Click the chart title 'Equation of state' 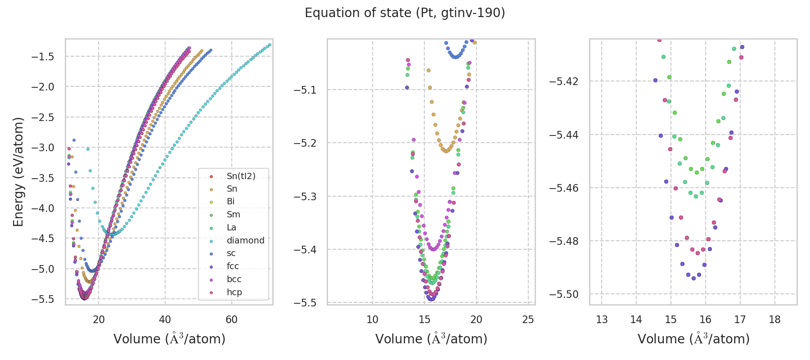click(405, 13)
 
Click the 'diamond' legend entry click(245, 240)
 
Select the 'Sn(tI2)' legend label click(241, 176)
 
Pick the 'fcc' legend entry click(233, 266)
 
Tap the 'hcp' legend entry click(234, 292)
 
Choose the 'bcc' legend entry click(234, 279)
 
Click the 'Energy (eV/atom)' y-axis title click(18, 172)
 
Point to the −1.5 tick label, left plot click(42, 57)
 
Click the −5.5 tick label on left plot click(42, 299)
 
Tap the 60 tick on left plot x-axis click(231, 319)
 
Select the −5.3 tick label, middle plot click(305, 197)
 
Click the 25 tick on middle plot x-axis click(528, 319)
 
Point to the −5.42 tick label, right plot click(564, 81)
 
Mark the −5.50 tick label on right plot click(564, 294)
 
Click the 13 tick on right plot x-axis click(602, 319)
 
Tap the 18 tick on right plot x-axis click(774, 319)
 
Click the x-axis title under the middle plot click(431, 339)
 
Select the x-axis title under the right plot click(693, 339)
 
